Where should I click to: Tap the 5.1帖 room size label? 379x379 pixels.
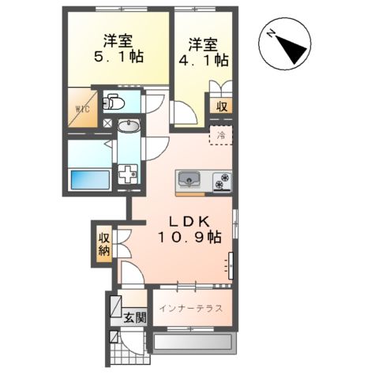pos(118,57)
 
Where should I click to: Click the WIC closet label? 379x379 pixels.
pos(81,109)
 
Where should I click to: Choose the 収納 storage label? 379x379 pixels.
pos(104,245)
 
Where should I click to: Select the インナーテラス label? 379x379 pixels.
pos(189,308)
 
